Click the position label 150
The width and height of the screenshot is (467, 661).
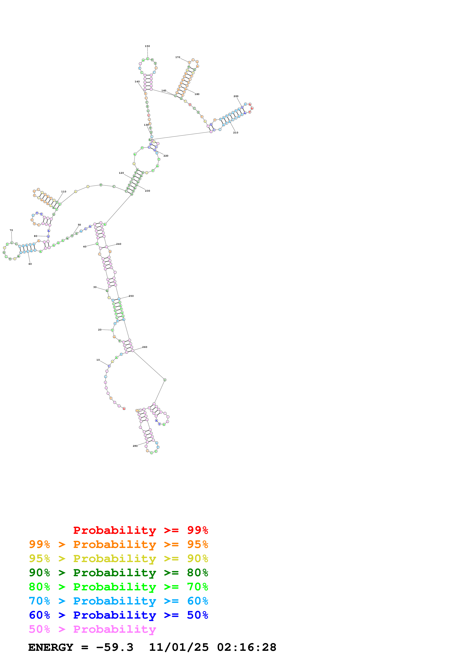click(147, 46)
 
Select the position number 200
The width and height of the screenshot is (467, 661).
click(236, 96)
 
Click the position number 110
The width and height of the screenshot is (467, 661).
click(64, 191)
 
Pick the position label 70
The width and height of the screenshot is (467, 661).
click(11, 230)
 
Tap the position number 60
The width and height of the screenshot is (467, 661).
click(30, 264)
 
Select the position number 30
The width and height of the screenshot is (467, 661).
click(95, 287)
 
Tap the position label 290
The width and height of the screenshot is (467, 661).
click(135, 446)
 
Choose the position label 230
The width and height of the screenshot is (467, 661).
click(147, 191)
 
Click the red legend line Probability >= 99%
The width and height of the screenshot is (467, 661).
click(140, 530)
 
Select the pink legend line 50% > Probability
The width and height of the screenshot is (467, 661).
click(92, 629)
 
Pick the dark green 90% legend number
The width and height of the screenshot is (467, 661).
click(39, 573)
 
